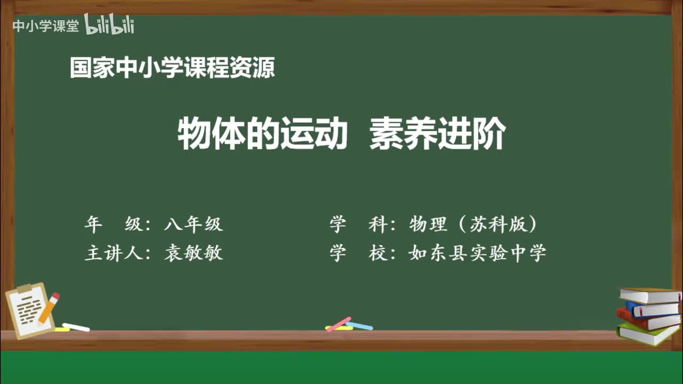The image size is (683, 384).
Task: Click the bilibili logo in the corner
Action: pyautogui.click(x=109, y=25)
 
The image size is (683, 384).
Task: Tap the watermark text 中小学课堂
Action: pyautogui.click(x=45, y=26)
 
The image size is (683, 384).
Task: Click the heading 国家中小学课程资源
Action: pyautogui.click(x=172, y=68)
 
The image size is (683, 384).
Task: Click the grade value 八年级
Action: pyautogui.click(x=193, y=225)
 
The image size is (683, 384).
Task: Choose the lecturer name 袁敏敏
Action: pyautogui.click(x=193, y=253)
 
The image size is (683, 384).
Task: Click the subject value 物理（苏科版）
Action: pyautogui.click(x=473, y=225)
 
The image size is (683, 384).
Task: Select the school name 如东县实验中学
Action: pyautogui.click(x=478, y=253)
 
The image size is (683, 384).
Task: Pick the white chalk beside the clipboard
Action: pyautogui.click(x=76, y=327)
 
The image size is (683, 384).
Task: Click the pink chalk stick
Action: pyautogui.click(x=339, y=324)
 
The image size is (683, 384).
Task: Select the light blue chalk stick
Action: pyautogui.click(x=359, y=325)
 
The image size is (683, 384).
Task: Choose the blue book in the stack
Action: pyautogui.click(x=651, y=308)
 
